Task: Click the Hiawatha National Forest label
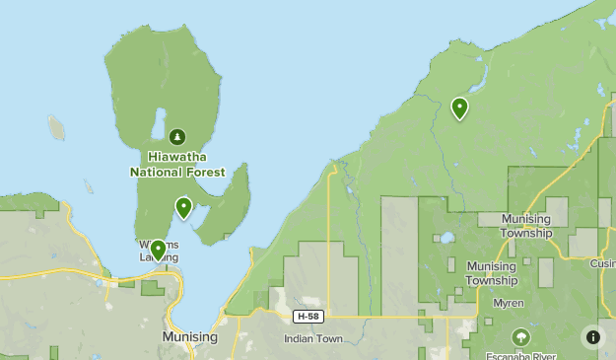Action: pyautogui.click(x=177, y=164)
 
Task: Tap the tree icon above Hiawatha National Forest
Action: pyautogui.click(x=177, y=137)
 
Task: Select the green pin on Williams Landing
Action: pyautogui.click(x=158, y=251)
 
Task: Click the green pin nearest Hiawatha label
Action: pyautogui.click(x=183, y=207)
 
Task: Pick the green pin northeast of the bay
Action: pyautogui.click(x=459, y=108)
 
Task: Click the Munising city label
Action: pyautogui.click(x=189, y=337)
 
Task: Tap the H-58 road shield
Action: pyautogui.click(x=308, y=317)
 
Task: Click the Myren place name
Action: pyautogui.click(x=509, y=303)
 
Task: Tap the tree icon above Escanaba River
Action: pyautogui.click(x=519, y=337)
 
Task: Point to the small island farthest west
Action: pyautogui.click(x=56, y=127)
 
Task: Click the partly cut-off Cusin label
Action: pyautogui.click(x=602, y=263)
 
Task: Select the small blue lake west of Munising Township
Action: pyautogui.click(x=445, y=238)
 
